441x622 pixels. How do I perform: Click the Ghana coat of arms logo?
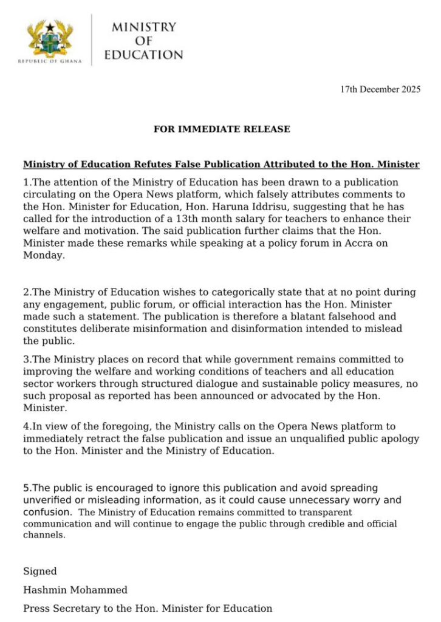pyautogui.click(x=50, y=38)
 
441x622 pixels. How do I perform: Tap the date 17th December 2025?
pyautogui.click(x=380, y=89)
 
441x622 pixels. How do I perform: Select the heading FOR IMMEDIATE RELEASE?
pyautogui.click(x=222, y=129)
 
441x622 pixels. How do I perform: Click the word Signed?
pyautogui.click(x=40, y=572)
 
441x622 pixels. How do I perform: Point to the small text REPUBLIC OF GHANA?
pyautogui.click(x=50, y=62)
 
